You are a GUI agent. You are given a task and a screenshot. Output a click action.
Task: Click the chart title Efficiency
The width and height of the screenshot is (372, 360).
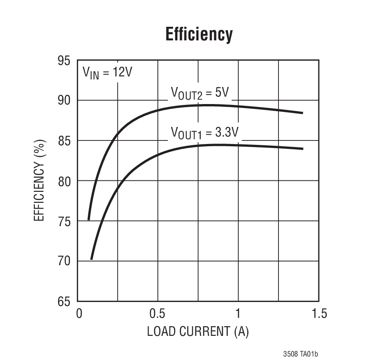click(199, 34)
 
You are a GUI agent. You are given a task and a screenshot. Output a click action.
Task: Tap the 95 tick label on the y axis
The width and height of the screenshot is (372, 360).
click(64, 61)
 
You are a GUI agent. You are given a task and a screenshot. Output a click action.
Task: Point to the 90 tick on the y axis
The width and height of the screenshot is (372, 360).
click(64, 101)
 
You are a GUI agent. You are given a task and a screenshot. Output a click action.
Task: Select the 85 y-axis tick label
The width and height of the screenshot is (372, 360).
click(64, 141)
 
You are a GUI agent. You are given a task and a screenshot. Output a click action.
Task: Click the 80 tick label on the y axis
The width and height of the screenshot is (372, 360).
click(64, 181)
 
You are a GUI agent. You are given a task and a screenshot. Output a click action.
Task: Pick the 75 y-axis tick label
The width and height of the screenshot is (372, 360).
click(64, 221)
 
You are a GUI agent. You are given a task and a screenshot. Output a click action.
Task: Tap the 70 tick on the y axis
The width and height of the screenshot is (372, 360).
click(64, 261)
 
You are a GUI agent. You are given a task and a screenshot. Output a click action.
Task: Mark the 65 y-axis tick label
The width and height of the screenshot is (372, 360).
click(64, 302)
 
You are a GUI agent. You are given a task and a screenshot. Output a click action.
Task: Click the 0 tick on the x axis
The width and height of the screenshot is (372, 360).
click(79, 314)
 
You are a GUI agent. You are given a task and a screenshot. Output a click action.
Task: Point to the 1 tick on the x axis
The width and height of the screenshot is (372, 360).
click(238, 314)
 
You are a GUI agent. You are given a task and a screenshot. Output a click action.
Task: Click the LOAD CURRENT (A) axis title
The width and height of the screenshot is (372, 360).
click(198, 331)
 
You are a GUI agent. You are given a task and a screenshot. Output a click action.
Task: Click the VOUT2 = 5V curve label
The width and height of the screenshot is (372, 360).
click(200, 94)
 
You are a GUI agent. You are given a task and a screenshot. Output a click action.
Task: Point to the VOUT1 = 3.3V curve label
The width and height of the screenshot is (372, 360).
click(205, 133)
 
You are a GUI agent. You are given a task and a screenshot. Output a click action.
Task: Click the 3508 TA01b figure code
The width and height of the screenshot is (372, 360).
click(300, 353)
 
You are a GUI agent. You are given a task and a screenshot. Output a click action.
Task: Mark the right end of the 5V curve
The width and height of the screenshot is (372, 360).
click(303, 113)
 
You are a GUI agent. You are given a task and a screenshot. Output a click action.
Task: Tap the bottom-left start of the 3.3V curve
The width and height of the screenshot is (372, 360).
click(91, 259)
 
